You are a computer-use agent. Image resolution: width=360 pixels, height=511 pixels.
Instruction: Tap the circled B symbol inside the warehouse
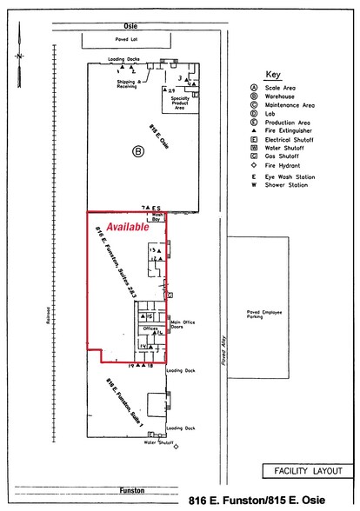(x=137, y=151)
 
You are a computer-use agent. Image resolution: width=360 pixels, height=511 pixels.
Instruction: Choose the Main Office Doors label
(x=183, y=325)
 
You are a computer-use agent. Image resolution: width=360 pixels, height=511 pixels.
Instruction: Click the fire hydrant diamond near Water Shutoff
(x=177, y=448)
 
